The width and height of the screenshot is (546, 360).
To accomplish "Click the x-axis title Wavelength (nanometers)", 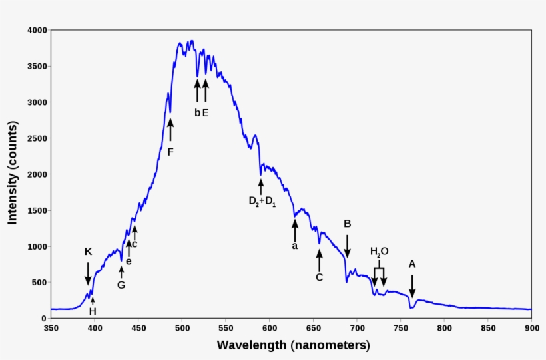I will click(293, 346).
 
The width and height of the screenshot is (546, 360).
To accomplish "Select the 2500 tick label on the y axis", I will click(35, 138).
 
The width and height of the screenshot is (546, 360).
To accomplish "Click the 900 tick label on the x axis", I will click(531, 328).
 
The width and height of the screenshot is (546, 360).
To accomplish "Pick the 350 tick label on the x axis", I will click(51, 328).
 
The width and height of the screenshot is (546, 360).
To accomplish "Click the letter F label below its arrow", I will click(170, 152).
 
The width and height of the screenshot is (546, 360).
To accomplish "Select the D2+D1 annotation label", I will click(262, 201).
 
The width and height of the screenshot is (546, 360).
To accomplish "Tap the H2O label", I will click(380, 252).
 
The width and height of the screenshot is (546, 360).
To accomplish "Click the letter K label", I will click(88, 252).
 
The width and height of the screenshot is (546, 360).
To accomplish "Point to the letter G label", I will click(121, 285).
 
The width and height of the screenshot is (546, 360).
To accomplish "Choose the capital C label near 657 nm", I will click(319, 277).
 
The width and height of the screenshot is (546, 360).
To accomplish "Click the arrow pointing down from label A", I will click(412, 286).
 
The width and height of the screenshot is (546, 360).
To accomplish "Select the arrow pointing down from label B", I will click(347, 246).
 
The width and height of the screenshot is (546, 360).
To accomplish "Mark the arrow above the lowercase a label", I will click(295, 230).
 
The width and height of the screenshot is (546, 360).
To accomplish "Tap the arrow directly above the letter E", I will click(205, 90).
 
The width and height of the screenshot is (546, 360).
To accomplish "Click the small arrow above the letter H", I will click(93, 301).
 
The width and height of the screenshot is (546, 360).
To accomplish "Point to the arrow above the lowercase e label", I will click(129, 248).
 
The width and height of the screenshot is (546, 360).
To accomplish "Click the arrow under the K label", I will click(88, 273).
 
